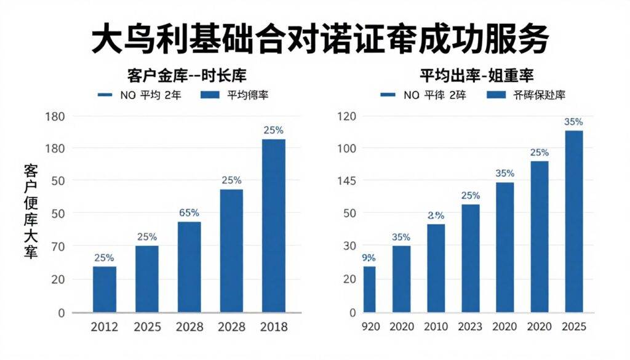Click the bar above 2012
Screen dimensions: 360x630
click(x=105, y=289)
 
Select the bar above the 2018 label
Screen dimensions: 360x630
click(x=274, y=225)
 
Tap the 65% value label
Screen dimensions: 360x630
click(x=189, y=213)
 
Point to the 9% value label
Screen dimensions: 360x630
click(x=369, y=258)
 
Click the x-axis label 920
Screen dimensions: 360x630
click(x=369, y=326)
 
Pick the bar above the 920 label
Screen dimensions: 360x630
click(x=369, y=289)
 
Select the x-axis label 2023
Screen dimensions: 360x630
click(x=471, y=326)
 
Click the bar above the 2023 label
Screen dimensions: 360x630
click(x=471, y=258)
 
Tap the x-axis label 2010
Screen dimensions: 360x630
click(x=436, y=326)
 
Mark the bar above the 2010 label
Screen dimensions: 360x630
click(x=436, y=268)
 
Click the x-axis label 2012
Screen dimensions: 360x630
click(x=105, y=326)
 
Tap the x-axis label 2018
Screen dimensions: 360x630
click(x=274, y=326)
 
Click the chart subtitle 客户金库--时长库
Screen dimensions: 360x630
click(x=186, y=76)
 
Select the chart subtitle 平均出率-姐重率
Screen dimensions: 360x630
click(x=476, y=76)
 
